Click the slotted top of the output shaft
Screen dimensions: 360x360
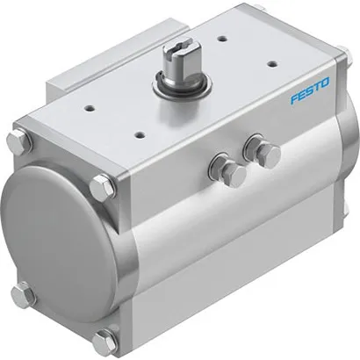tap(186, 60)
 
